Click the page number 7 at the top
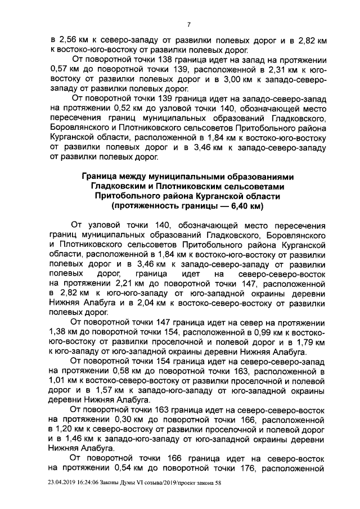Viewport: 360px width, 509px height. (x=190, y=24)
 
